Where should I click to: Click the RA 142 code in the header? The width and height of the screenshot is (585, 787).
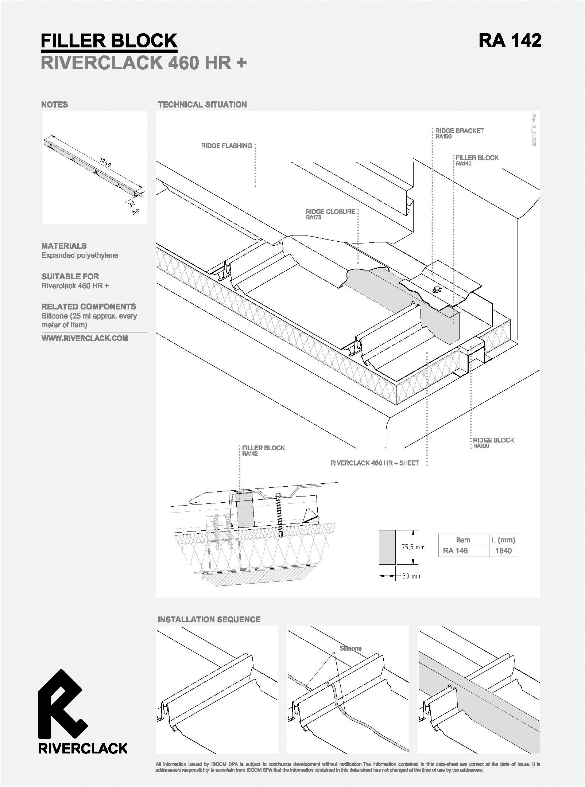pyautogui.click(x=510, y=40)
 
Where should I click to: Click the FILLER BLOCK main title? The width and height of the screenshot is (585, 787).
pyautogui.click(x=109, y=41)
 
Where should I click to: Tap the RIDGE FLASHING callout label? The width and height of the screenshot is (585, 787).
pyautogui.click(x=226, y=146)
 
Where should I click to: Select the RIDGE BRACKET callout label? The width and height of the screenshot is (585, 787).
pyautogui.click(x=460, y=130)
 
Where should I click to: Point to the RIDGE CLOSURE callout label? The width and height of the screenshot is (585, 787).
pyautogui.click(x=330, y=212)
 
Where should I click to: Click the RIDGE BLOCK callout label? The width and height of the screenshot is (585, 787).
pyautogui.click(x=494, y=440)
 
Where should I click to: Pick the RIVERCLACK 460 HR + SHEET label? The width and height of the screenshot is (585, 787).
pyautogui.click(x=375, y=463)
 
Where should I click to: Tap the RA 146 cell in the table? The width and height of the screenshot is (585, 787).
pyautogui.click(x=456, y=551)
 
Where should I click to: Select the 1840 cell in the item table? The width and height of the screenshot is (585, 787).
pyautogui.click(x=503, y=551)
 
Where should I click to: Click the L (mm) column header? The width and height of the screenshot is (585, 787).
pyautogui.click(x=503, y=540)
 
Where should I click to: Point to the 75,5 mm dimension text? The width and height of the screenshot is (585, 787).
pyautogui.click(x=413, y=547)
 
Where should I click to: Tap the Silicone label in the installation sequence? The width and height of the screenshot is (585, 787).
pyautogui.click(x=350, y=648)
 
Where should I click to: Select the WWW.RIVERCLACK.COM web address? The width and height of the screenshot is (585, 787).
pyautogui.click(x=85, y=338)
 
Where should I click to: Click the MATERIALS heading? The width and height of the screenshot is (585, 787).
pyautogui.click(x=64, y=246)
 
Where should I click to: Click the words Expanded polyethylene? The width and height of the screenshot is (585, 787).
pyautogui.click(x=80, y=256)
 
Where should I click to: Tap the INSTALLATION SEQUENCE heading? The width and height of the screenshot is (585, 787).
pyautogui.click(x=209, y=620)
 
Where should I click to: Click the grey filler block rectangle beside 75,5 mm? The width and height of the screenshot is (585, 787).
pyautogui.click(x=387, y=547)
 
